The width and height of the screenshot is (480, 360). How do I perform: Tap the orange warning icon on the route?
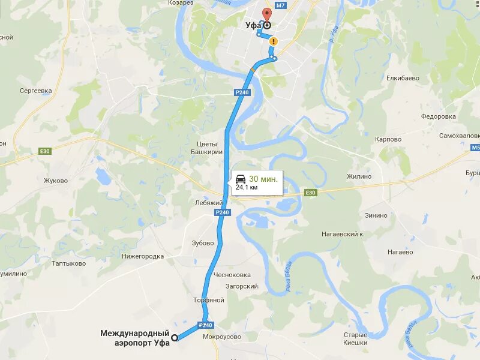point(274,41)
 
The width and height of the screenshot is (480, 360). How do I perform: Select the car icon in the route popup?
point(240,179)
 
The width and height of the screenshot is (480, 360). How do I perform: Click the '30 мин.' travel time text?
point(263,179)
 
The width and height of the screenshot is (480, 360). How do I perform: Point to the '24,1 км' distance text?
point(247,187)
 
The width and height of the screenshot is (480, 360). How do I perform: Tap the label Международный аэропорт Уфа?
point(135,337)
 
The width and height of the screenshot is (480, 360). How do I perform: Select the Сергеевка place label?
point(36,91)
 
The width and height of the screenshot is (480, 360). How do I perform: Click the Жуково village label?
point(56,180)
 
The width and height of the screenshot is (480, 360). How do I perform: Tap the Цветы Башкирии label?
point(210,148)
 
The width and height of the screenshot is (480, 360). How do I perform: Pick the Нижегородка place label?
point(142,256)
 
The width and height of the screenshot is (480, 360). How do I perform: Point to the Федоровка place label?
point(439,116)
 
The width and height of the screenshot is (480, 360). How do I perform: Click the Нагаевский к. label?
point(343,234)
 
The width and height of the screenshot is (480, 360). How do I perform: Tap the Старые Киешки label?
point(355,338)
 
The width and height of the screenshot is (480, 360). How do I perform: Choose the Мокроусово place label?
point(222,337)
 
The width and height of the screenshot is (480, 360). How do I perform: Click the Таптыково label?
point(70,263)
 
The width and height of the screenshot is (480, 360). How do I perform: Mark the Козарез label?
point(181,3)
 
